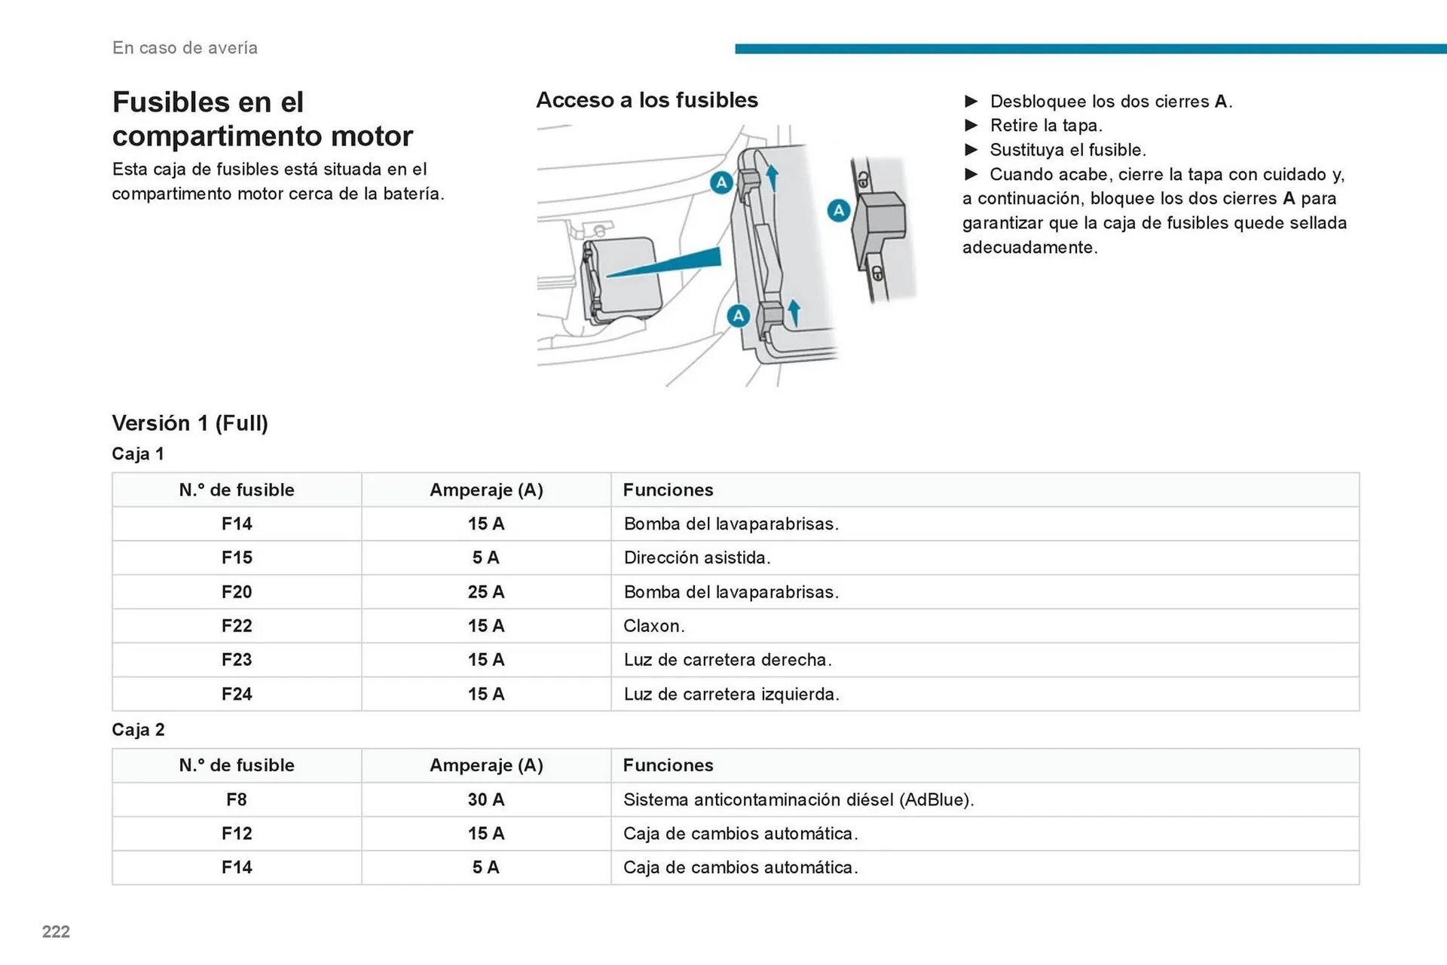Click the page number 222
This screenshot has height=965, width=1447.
pyautogui.click(x=56, y=932)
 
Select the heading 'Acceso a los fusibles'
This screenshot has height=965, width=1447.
pyautogui.click(x=647, y=100)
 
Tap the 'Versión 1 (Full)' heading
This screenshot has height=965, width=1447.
pyautogui.click(x=190, y=423)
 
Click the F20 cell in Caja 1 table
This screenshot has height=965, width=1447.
pyautogui.click(x=237, y=592)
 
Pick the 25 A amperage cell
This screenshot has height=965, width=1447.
pyautogui.click(x=485, y=592)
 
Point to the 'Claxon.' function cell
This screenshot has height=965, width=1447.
pyautogui.click(x=653, y=626)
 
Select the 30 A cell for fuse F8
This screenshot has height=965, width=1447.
pyautogui.click(x=485, y=800)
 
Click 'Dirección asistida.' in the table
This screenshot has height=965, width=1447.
pyautogui.click(x=696, y=558)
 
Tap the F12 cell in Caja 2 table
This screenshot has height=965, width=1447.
pyautogui.click(x=237, y=834)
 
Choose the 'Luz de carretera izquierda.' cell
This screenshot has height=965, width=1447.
pyautogui.click(x=731, y=695)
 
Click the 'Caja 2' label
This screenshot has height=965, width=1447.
pyautogui.click(x=138, y=730)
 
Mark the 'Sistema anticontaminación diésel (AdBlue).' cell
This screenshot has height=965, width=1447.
pyautogui.click(x=798, y=800)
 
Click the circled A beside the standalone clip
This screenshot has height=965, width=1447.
pyautogui.click(x=839, y=211)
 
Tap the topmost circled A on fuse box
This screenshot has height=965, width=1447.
pyautogui.click(x=721, y=182)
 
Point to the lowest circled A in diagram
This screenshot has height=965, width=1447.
pyautogui.click(x=738, y=316)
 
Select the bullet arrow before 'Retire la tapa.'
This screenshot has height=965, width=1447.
pyautogui.click(x=971, y=126)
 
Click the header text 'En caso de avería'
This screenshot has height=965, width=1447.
pyautogui.click(x=185, y=48)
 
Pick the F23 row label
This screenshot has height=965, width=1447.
pyautogui.click(x=237, y=660)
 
